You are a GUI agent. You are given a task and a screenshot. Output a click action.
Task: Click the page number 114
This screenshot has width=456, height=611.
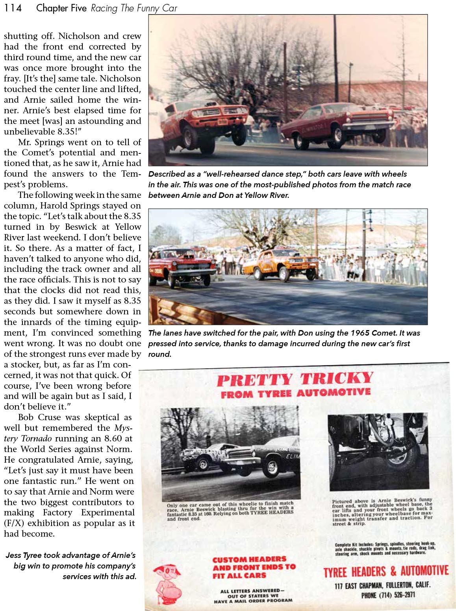(13, 8)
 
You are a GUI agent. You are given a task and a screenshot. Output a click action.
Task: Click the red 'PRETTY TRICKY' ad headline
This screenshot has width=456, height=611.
(295, 379)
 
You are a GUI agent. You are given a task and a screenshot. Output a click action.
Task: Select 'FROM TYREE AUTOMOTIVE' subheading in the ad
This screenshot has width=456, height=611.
(295, 393)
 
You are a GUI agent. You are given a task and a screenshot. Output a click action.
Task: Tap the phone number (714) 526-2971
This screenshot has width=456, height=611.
(388, 595)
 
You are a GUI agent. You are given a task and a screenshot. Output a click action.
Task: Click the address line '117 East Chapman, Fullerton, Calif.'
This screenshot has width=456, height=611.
(382, 585)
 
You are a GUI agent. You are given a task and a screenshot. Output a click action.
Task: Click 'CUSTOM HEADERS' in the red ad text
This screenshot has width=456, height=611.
(249, 559)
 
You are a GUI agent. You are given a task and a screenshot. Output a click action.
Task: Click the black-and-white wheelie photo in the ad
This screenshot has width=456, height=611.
(230, 454)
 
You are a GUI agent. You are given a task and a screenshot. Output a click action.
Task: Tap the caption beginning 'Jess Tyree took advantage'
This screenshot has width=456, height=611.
(71, 566)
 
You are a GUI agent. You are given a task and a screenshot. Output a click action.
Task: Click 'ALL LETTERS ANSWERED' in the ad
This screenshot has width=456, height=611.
(252, 591)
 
